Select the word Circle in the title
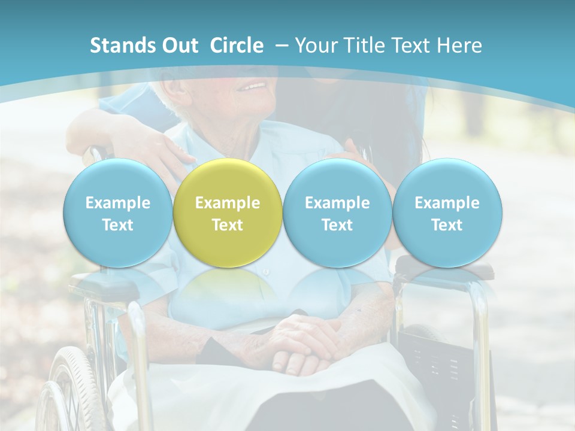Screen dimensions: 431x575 [x=237, y=45]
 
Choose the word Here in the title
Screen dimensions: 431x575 [x=460, y=45]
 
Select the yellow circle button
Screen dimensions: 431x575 [x=228, y=213]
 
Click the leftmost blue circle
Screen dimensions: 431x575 [x=118, y=213]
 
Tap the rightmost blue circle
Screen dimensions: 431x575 [x=447, y=213]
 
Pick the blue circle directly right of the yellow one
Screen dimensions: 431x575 [x=337, y=213]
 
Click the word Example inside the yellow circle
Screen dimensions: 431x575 [x=228, y=203]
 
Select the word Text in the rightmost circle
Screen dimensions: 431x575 [x=447, y=225]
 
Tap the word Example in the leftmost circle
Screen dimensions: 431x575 [x=118, y=203]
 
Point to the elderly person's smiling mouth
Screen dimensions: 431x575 [x=252, y=87]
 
